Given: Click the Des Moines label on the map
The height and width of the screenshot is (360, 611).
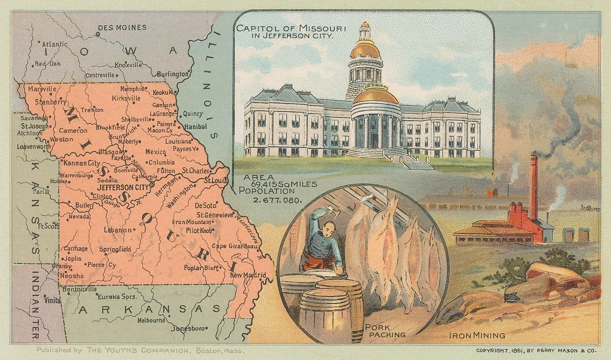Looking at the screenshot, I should pos(122,27).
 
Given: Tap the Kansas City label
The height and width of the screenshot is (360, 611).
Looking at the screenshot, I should pos(82,163).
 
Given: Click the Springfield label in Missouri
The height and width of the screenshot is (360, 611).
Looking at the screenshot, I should pos(115,249).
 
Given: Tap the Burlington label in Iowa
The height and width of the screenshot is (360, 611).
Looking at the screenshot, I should pos(172,74).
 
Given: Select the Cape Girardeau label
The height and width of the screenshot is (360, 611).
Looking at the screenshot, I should pos(234,247).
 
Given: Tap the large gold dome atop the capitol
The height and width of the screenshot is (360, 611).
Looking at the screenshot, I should pos(365,49).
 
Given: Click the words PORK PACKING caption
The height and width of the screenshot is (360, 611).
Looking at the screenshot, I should pos(385,331).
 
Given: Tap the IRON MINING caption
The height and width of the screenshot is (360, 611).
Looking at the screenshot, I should pos(477,336).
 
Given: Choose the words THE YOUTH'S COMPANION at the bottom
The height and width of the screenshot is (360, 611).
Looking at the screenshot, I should pos(138,350).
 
